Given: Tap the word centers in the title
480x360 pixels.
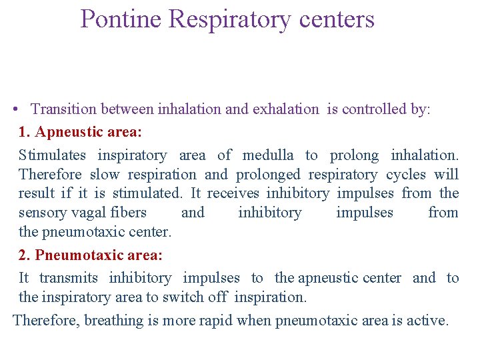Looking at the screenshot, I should pyautogui.click(x=337, y=19).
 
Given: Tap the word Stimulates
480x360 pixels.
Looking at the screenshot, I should pyautogui.click(x=52, y=155).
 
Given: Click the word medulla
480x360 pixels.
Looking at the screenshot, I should pyautogui.click(x=268, y=155).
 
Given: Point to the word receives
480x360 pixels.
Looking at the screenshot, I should pyautogui.click(x=234, y=194).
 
